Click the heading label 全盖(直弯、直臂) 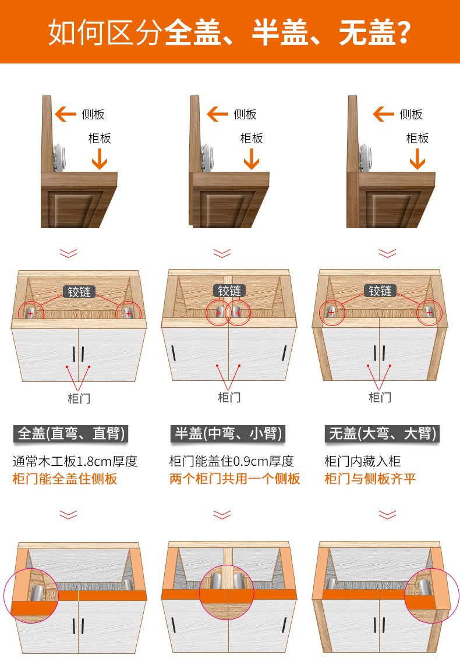[x=71, y=434]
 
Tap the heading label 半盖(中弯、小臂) [x=228, y=434]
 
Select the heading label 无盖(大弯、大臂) [x=383, y=434]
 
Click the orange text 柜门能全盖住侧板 [x=65, y=479]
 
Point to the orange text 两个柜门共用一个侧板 [x=235, y=479]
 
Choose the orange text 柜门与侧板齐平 [x=370, y=479]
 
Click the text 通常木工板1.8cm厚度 [x=75, y=461]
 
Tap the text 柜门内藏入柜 [x=362, y=461]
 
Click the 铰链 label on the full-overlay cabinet [x=79, y=292]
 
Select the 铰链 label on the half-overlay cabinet [x=229, y=291]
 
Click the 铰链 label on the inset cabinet [x=380, y=291]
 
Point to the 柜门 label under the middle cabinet [x=229, y=398]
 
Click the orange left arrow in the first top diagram [x=65, y=114]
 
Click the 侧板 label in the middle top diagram [x=245, y=114]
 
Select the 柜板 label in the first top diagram [x=100, y=138]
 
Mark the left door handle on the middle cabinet [x=174, y=352]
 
